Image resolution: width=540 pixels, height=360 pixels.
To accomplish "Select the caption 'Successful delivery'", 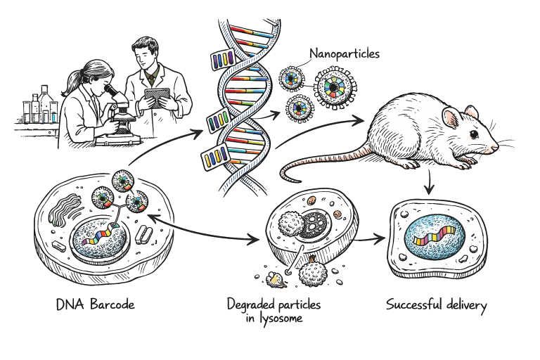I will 436,305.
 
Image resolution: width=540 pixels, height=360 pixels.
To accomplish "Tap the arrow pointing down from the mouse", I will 430,184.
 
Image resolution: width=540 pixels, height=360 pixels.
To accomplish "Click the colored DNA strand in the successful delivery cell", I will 435,236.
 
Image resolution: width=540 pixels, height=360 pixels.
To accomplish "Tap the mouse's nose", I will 497,146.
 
